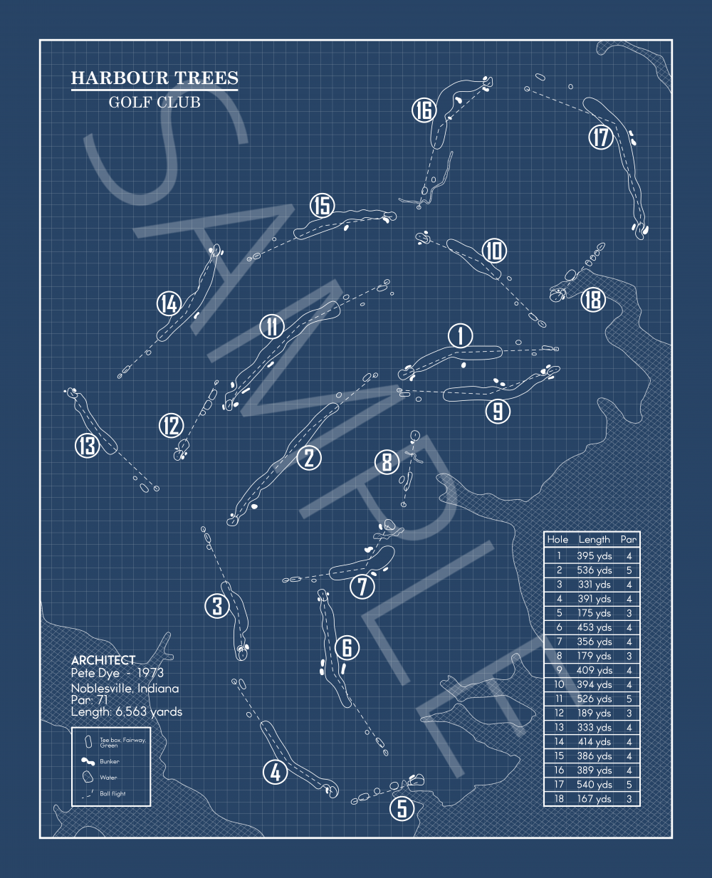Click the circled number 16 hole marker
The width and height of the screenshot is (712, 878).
[x=424, y=110]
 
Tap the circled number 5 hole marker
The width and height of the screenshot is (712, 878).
[x=402, y=808]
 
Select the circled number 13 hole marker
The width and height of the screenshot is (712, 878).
[x=88, y=446]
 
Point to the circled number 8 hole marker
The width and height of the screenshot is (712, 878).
[x=387, y=462]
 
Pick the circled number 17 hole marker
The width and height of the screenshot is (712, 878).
[x=601, y=137]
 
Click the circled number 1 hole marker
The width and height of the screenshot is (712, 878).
[x=461, y=335]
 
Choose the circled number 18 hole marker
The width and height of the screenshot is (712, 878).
[x=592, y=300]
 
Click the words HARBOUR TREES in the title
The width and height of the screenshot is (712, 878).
[x=155, y=78]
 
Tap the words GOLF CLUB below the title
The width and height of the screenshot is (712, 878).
[x=155, y=103]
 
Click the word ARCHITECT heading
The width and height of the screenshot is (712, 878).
[x=103, y=661]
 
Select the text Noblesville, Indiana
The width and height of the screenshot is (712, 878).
[x=125, y=689]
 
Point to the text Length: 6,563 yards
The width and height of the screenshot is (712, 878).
[x=127, y=711]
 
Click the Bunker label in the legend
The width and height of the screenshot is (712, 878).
[x=110, y=761]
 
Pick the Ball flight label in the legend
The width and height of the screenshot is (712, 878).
[x=112, y=793]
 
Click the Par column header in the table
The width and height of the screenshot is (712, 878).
[x=629, y=540]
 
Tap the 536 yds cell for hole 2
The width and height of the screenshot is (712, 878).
[x=595, y=570]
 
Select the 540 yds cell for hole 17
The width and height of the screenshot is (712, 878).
[x=595, y=785]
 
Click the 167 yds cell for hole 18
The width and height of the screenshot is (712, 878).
[x=595, y=799]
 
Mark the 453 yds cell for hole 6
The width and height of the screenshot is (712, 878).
[x=595, y=627]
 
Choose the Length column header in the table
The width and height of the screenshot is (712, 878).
[x=595, y=540]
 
